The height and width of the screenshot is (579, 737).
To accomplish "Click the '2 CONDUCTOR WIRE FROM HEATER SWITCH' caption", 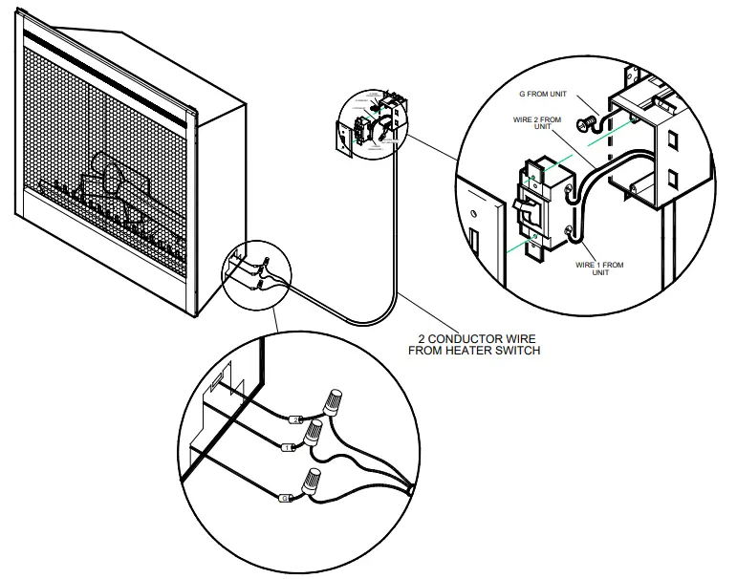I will [x=474, y=344].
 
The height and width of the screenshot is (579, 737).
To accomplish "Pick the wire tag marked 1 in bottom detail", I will [x=289, y=447].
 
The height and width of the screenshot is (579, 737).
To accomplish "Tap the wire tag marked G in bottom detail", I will [x=284, y=498].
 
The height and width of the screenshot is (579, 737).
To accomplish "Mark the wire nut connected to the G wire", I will [x=312, y=483].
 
